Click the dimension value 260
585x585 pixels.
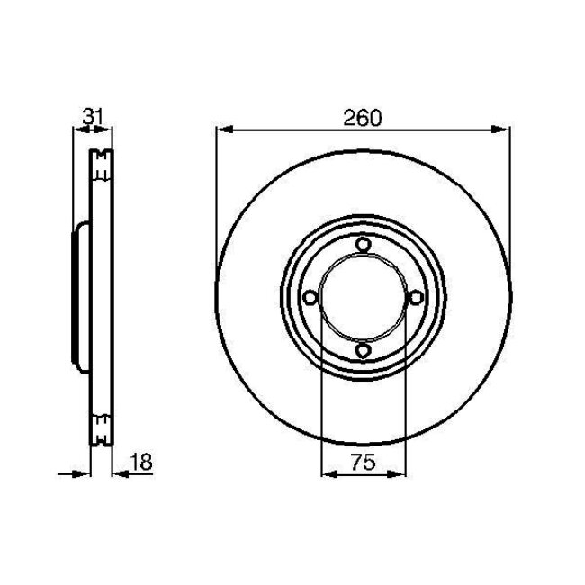point(363,116)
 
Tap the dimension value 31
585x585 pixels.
point(91,116)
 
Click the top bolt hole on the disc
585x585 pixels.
point(362,245)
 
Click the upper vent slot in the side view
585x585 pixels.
point(102,164)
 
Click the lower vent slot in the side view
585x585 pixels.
point(102,427)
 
